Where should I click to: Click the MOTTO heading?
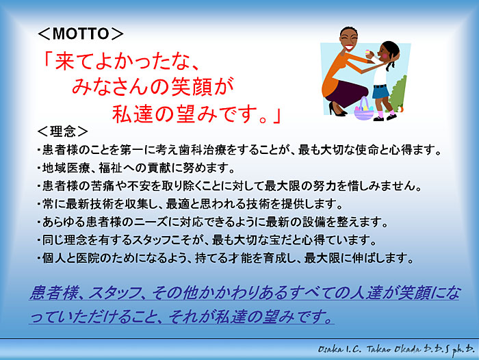coord(81,34)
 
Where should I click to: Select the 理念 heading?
coord(63,131)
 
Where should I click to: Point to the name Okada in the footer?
coord(404,349)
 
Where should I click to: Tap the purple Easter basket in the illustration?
coord(363,109)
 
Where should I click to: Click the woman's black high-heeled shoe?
coord(337,110)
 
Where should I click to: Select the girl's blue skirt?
coord(380,92)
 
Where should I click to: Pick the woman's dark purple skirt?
coord(348,93)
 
